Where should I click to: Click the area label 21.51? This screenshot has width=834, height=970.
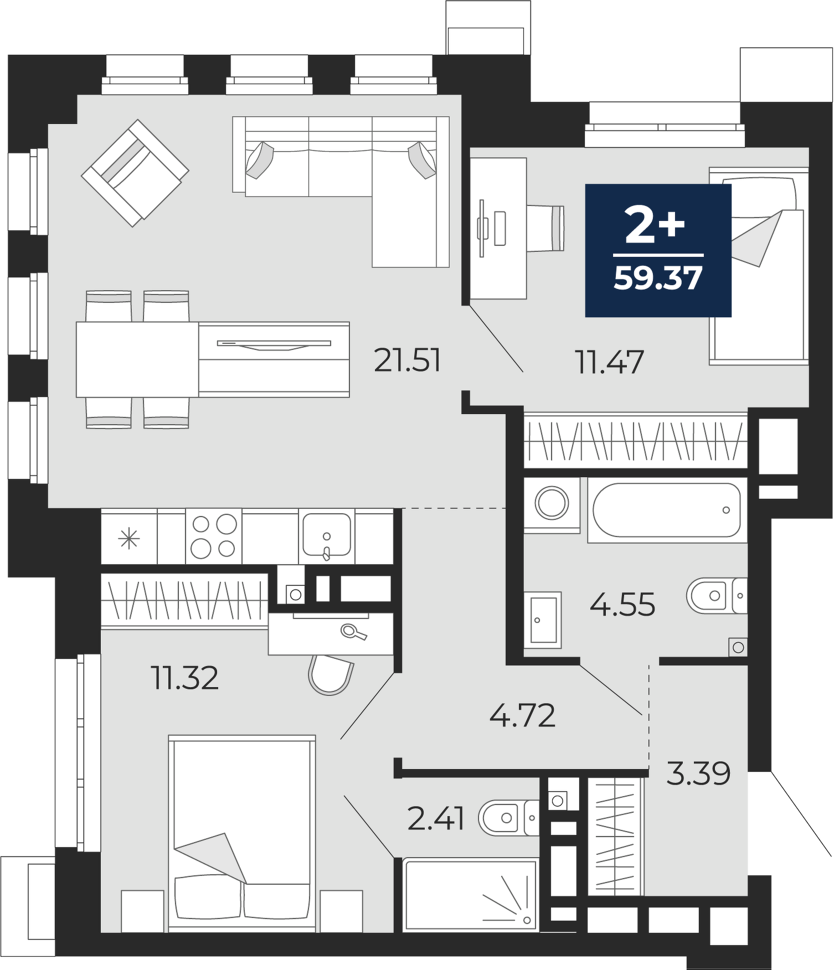click(x=408, y=360)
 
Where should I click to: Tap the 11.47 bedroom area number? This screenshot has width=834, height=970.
click(x=610, y=362)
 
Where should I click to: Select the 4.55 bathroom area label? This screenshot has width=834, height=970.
click(x=622, y=604)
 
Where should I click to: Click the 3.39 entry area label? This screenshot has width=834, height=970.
click(x=698, y=773)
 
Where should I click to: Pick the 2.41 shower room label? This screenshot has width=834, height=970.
click(x=436, y=818)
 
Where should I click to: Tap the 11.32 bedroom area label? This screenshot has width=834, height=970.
click(x=185, y=678)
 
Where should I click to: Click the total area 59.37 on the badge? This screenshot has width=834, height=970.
click(x=658, y=278)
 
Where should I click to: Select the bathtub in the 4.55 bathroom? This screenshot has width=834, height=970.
click(x=667, y=510)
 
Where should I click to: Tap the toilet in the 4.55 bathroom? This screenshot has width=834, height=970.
click(x=717, y=596)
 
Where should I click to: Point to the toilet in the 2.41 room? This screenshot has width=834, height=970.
click(x=508, y=817)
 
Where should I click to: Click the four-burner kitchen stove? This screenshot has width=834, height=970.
click(x=214, y=536)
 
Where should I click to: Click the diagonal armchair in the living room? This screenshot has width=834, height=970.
click(x=135, y=173)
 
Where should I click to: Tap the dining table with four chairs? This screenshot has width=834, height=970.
click(x=137, y=359)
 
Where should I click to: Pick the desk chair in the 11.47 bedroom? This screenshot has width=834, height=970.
click(x=545, y=228)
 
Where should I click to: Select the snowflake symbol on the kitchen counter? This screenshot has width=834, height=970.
click(x=129, y=538)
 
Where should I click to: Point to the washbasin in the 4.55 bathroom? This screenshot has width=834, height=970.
click(x=543, y=620)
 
